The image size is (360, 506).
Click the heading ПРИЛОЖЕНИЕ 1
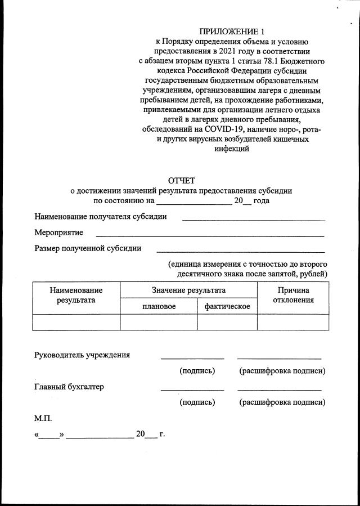click(x=231, y=31)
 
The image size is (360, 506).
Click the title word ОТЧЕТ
click(x=181, y=181)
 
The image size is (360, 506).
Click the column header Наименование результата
click(x=76, y=295)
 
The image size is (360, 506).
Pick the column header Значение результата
click(x=188, y=290)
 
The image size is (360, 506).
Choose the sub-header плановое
click(x=159, y=306)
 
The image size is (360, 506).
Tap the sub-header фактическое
click(x=227, y=306)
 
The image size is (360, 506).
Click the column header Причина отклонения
click(x=293, y=295)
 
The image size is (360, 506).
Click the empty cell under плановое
click(x=159, y=322)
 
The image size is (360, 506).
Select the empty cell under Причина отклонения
click(x=293, y=322)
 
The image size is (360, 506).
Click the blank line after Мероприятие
click(x=210, y=235)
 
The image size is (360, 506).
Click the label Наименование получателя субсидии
click(x=100, y=217)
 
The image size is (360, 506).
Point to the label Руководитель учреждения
click(x=82, y=355)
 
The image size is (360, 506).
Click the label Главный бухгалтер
click(x=69, y=387)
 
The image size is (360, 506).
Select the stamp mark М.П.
click(x=43, y=418)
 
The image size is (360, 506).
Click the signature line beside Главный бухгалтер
click(x=192, y=389)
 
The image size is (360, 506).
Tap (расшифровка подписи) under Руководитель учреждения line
click(x=282, y=371)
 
